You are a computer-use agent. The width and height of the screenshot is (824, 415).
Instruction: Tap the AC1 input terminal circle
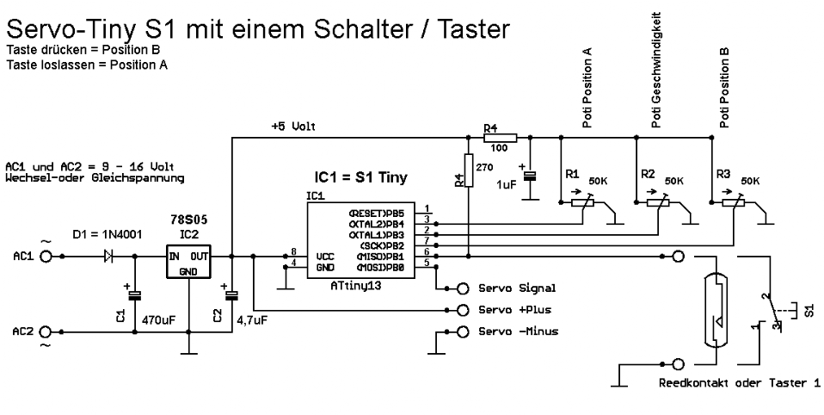coord(46,256)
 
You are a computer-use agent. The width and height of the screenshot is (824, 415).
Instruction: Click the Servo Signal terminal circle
coord(464,288)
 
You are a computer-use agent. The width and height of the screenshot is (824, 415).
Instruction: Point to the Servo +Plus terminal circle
coord(464,310)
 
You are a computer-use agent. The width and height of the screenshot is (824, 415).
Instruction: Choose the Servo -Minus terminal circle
coord(464,331)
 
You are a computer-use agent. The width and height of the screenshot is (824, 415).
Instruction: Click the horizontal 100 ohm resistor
coord(499,137)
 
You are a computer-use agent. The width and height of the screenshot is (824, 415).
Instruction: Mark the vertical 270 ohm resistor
coord(469,169)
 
